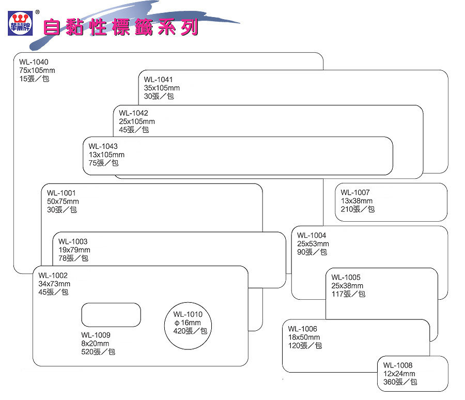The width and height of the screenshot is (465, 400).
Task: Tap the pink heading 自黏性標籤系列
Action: tap(120, 27)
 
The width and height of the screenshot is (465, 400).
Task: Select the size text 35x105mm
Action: tap(162, 88)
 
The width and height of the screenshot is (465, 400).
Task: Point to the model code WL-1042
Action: tap(133, 113)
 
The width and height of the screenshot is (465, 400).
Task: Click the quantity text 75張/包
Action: tap(103, 163)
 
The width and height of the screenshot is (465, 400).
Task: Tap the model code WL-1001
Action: tap(61, 193)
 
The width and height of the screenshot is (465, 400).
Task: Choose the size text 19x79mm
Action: tap(74, 250)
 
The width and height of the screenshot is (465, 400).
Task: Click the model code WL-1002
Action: tap(53, 275)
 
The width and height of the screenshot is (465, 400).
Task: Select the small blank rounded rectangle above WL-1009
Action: tap(111, 315)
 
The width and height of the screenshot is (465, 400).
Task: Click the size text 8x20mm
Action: tap(95, 344)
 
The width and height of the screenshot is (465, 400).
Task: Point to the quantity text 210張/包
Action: tap(358, 209)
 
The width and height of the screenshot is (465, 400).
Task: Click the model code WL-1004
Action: tap(312, 236)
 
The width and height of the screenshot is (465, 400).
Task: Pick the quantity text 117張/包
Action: tap(348, 294)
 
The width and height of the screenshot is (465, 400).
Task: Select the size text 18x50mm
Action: tap(304, 337)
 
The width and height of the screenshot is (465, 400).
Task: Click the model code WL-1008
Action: tap(398, 365)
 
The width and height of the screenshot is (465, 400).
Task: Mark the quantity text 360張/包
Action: tap(400, 382)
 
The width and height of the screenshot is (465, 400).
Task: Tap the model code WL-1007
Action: tap(355, 193)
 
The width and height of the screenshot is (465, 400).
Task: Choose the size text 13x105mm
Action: tap(106, 155)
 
